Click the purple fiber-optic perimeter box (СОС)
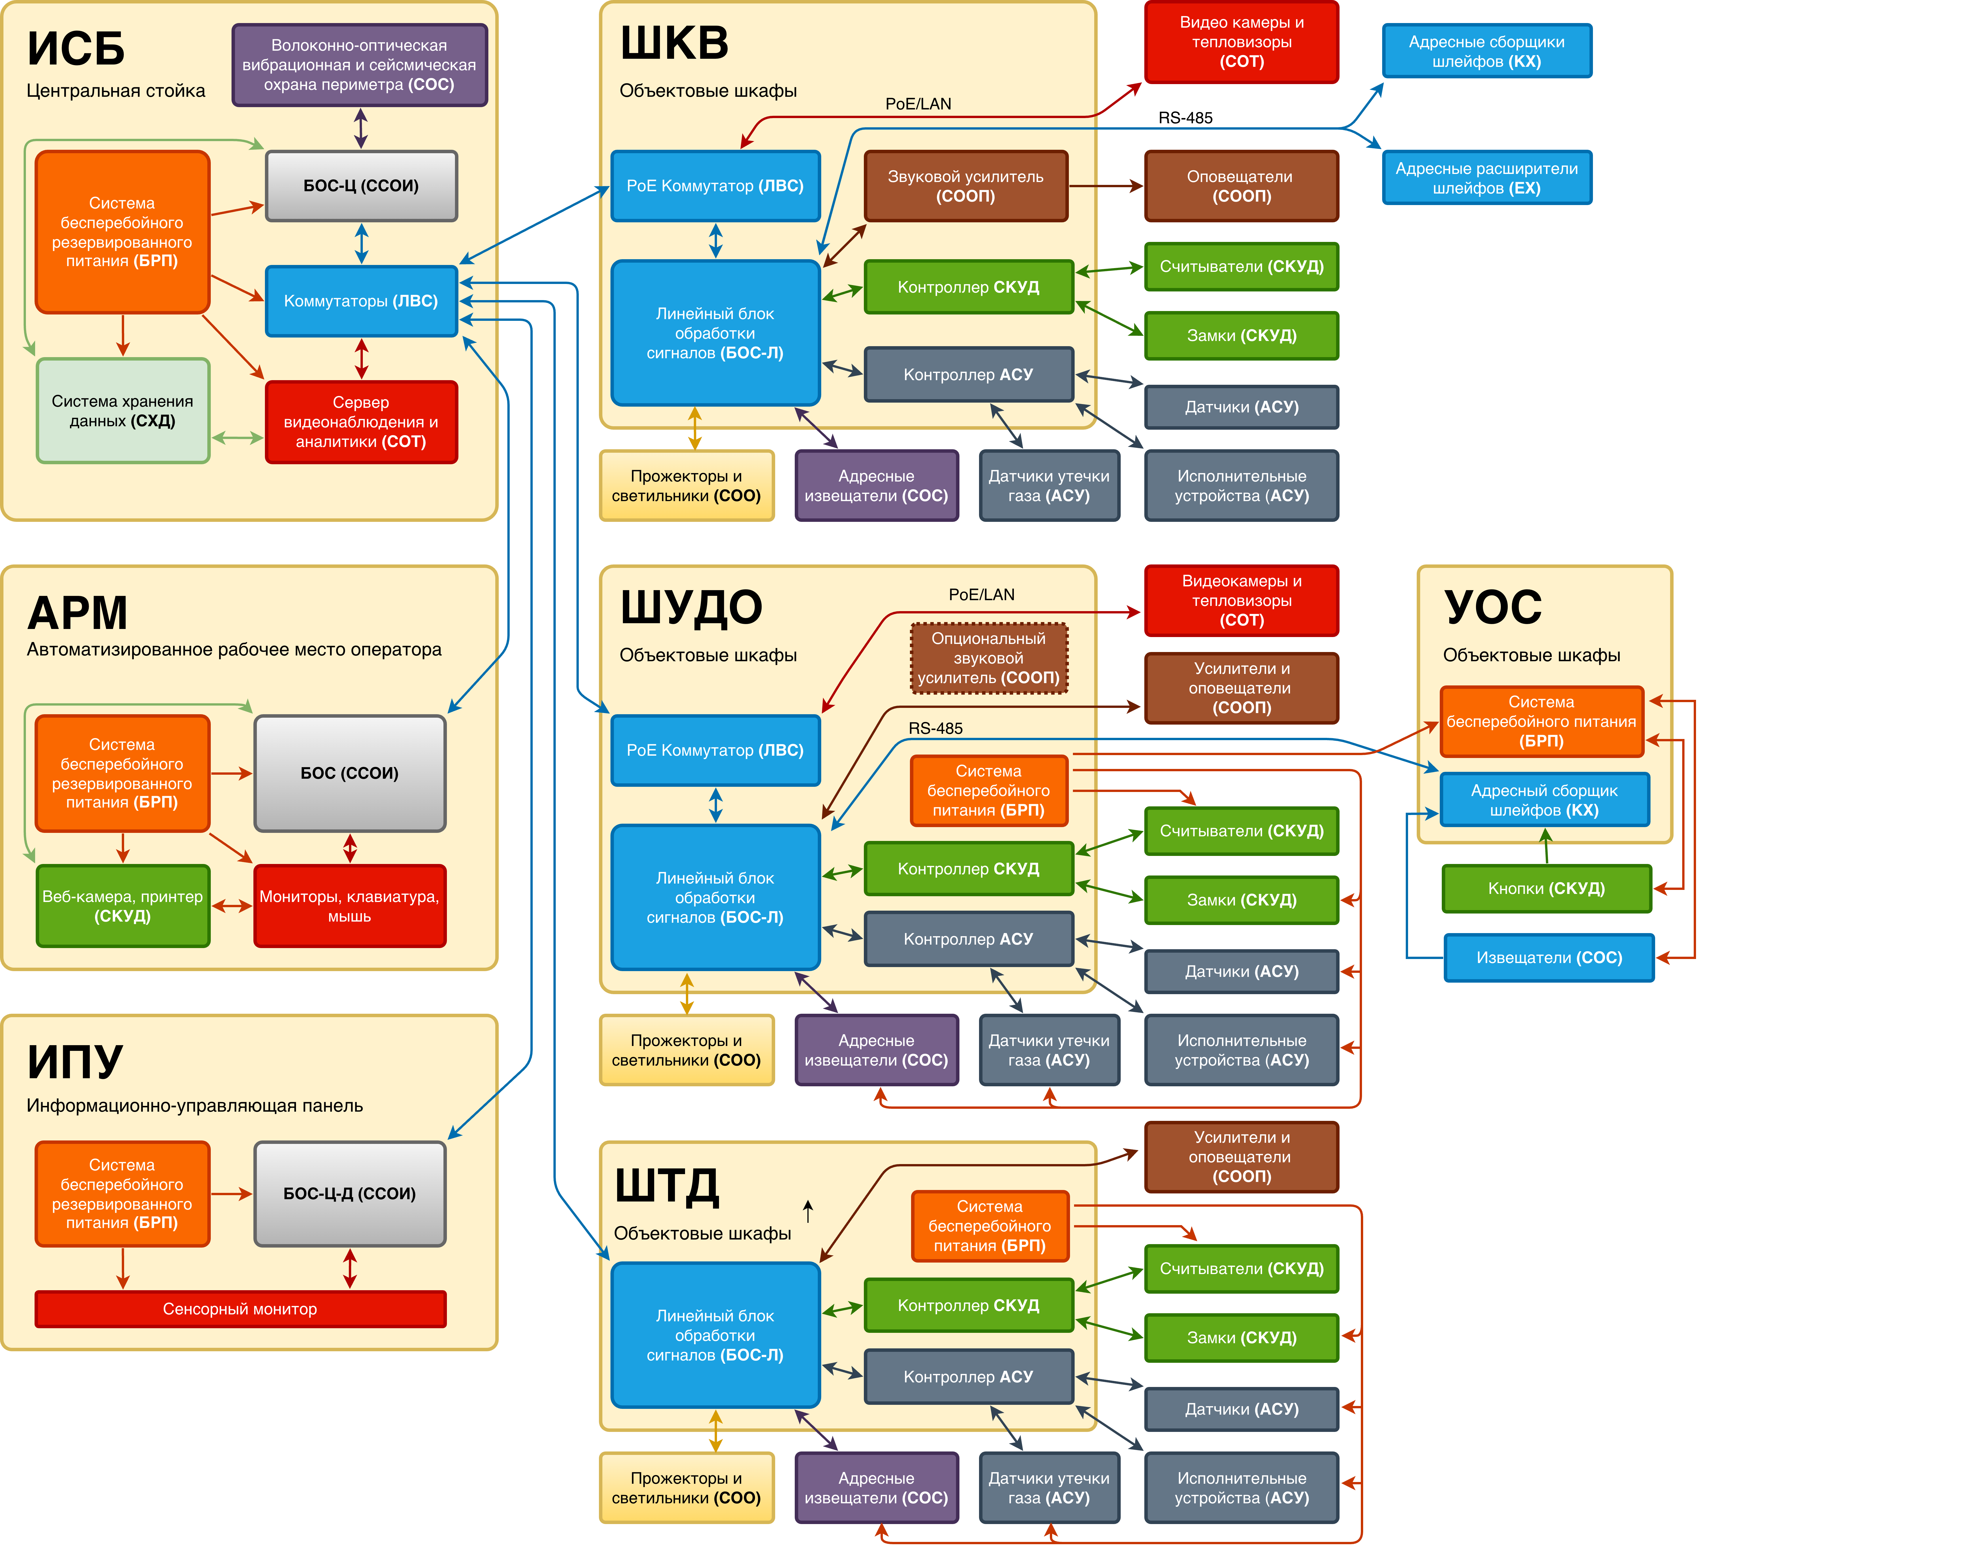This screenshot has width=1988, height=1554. [x=360, y=65]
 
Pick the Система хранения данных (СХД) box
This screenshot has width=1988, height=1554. [x=123, y=411]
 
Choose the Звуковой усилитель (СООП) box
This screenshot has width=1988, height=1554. [x=966, y=186]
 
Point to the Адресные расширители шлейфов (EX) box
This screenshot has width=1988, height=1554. [x=1486, y=177]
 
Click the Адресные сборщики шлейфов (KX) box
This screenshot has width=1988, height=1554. [x=1486, y=51]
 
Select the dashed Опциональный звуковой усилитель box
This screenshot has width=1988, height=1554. [x=989, y=658]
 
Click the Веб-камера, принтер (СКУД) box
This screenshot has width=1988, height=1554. [x=123, y=906]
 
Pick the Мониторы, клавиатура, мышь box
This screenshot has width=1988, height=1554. [x=350, y=906]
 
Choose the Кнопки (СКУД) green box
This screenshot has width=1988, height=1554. [x=1547, y=888]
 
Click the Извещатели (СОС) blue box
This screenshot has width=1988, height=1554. [x=1549, y=958]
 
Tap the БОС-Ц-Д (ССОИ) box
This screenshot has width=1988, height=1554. [x=350, y=1193]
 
